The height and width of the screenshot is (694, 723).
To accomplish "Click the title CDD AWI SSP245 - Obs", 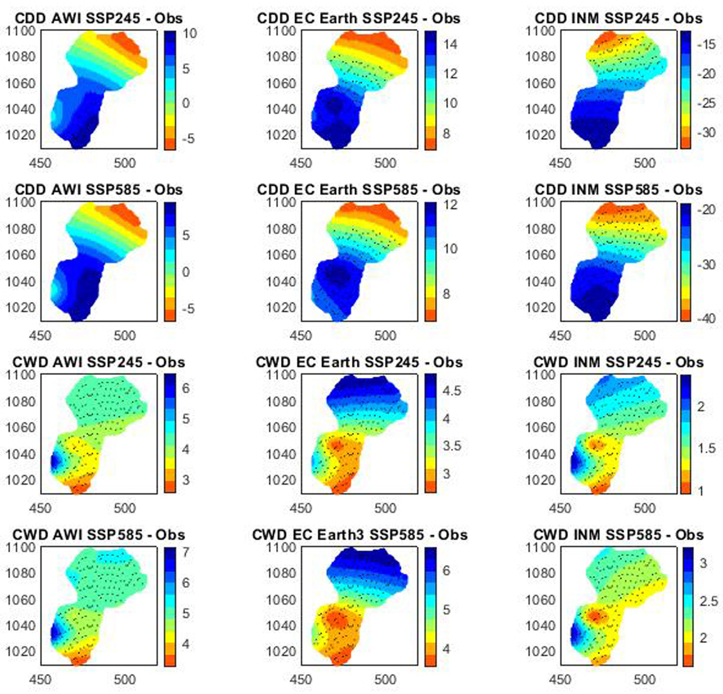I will click(99, 19).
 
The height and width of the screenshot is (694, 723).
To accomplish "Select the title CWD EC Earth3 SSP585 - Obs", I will click(360, 535).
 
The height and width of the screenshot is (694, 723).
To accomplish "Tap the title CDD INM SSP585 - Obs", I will click(618, 190).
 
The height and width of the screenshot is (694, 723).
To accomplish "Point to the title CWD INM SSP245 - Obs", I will click(618, 362).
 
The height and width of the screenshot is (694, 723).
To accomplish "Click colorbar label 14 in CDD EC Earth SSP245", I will click(449, 44).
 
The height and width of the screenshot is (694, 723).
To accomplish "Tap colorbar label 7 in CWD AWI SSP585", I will click(186, 552).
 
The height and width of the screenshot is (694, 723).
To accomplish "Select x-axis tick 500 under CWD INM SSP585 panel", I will click(644, 680).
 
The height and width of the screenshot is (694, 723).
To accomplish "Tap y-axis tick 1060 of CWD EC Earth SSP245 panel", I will click(281, 428).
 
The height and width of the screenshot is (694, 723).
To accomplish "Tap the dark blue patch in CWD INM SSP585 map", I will click(575, 634).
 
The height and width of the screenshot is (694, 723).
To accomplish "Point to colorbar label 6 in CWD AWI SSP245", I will click(186, 388).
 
